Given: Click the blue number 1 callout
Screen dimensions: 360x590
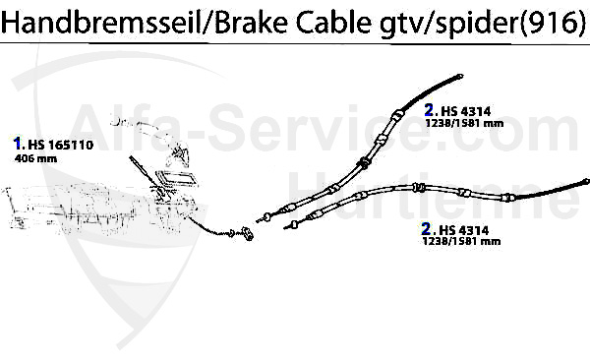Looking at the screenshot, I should tap(18, 143).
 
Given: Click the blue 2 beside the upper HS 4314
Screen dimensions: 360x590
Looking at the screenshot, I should tap(431, 111).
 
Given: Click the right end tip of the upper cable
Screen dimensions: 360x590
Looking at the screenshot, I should tap(459, 76).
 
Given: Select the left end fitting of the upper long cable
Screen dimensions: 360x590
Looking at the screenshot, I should tap(262, 217).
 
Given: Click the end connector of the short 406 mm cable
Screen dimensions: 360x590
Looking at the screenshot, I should tap(246, 234).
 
